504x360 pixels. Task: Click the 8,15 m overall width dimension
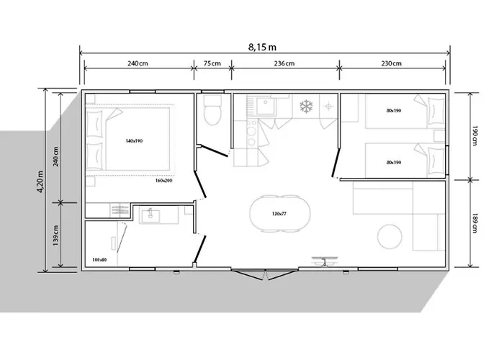pyautogui.click(x=263, y=48)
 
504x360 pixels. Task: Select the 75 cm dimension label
pyautogui.click(x=212, y=64)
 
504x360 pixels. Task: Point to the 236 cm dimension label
pyautogui.click(x=284, y=64)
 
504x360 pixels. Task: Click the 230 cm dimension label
pyautogui.click(x=392, y=64)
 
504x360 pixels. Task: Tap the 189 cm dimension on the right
pyautogui.click(x=474, y=224)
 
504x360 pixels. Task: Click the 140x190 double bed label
pyautogui.click(x=134, y=141)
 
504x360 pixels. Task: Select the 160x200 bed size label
pyautogui.click(x=164, y=181)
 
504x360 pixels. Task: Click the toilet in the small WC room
pyautogui.click(x=212, y=114)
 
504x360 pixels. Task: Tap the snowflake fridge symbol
pyautogui.click(x=307, y=107)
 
